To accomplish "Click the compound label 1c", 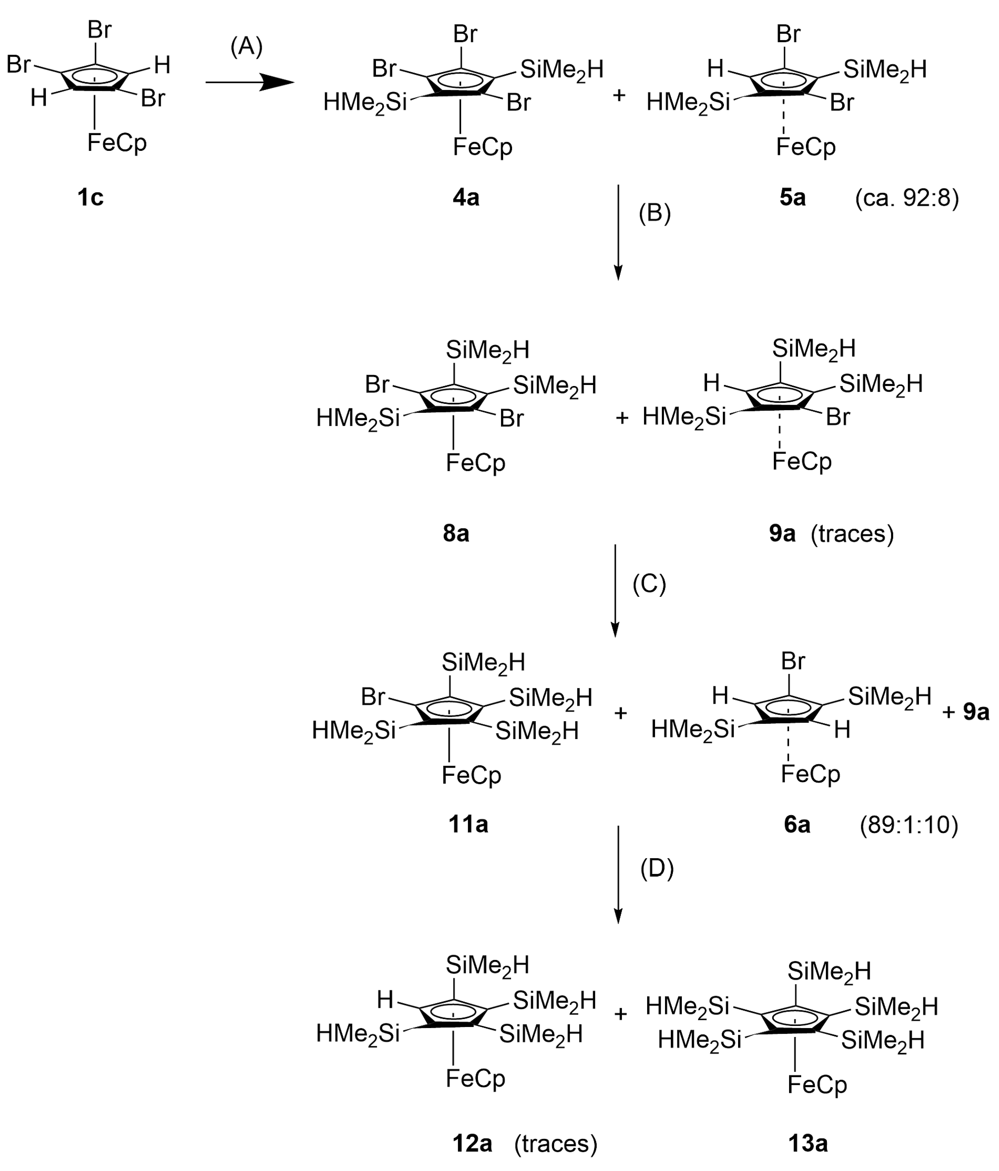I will click(90, 198).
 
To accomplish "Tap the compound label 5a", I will click(792, 198).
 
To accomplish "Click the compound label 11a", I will click(468, 825).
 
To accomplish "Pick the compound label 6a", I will click(797, 825).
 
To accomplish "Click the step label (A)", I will click(246, 47).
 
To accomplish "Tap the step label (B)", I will click(654, 214).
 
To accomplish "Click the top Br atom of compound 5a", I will click(788, 34).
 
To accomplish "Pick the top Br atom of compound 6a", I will click(793, 661).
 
